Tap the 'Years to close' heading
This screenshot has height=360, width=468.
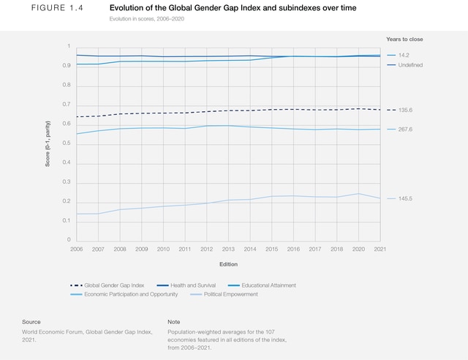[404, 39]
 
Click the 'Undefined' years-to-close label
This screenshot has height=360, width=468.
[410, 65]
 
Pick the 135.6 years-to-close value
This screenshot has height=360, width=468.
[407, 110]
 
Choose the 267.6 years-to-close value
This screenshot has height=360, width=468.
[407, 130]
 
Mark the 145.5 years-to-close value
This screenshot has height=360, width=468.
[407, 198]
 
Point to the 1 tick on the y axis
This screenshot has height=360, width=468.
[68, 47]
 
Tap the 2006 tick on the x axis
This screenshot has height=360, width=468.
[76, 250]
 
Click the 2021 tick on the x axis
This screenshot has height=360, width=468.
[380, 250]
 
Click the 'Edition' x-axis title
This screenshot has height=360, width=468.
[228, 264]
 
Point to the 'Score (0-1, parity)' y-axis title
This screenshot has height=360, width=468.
[48, 143]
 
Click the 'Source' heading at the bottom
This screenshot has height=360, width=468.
[31, 322]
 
